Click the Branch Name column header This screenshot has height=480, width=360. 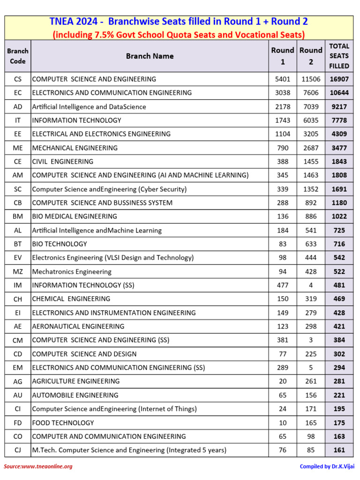tap(150, 56)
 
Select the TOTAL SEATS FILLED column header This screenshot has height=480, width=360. tap(339, 56)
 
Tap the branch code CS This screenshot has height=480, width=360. tap(18, 79)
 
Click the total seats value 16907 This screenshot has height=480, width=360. tap(339, 79)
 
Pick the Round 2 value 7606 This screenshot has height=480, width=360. tap(311, 93)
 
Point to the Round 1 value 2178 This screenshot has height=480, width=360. tap(283, 107)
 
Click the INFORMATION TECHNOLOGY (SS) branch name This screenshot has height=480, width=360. tap(76, 285)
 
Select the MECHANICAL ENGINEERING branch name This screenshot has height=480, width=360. tap(75, 148)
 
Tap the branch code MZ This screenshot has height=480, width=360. tap(18, 271)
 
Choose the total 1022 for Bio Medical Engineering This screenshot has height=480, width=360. tap(339, 217)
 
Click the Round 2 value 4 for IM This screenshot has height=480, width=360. tap(311, 285)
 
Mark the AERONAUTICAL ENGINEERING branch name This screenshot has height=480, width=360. tap(78, 326)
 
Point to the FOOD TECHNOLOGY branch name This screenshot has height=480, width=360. tap(63, 423)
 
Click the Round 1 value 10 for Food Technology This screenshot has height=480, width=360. tap(283, 423)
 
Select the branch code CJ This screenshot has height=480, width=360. tap(18, 450)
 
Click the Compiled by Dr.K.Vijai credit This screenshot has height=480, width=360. tap(326, 466)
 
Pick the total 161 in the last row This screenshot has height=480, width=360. tap(339, 450)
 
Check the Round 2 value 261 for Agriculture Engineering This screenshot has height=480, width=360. tap(311, 381)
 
